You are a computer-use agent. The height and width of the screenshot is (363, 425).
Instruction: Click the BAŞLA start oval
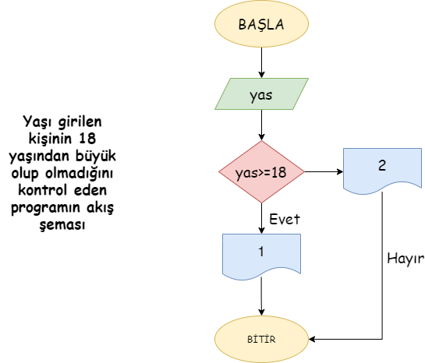[x=261, y=24]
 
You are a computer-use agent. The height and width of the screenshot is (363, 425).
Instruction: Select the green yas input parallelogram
[x=261, y=94]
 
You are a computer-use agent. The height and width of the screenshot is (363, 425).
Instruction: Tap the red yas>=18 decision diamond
[x=261, y=171]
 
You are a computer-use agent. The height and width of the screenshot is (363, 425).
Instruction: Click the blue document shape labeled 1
[x=261, y=256]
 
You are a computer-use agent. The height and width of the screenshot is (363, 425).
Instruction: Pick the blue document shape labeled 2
[x=382, y=171]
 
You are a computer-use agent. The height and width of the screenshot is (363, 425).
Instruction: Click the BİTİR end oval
[x=261, y=339]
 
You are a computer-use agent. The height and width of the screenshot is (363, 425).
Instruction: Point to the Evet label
[x=285, y=219]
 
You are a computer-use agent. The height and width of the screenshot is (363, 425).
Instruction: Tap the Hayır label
[x=406, y=259]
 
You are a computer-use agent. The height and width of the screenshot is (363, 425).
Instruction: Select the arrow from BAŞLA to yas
[x=261, y=63]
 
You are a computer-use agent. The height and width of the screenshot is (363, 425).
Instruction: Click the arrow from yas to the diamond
[x=261, y=125]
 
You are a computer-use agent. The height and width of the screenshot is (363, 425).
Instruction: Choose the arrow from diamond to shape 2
[x=324, y=171]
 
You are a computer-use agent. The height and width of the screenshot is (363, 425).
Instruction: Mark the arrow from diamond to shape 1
[x=261, y=218]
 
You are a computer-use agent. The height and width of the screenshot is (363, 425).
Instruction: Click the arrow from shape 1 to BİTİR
[x=261, y=297]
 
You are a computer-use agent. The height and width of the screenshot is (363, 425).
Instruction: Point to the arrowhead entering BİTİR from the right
[x=312, y=339]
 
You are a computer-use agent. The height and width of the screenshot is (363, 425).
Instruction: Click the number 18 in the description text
[x=87, y=139]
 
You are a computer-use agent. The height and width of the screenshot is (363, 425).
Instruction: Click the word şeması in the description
[x=62, y=225]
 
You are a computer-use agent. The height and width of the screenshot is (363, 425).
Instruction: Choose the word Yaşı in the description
[x=37, y=122]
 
